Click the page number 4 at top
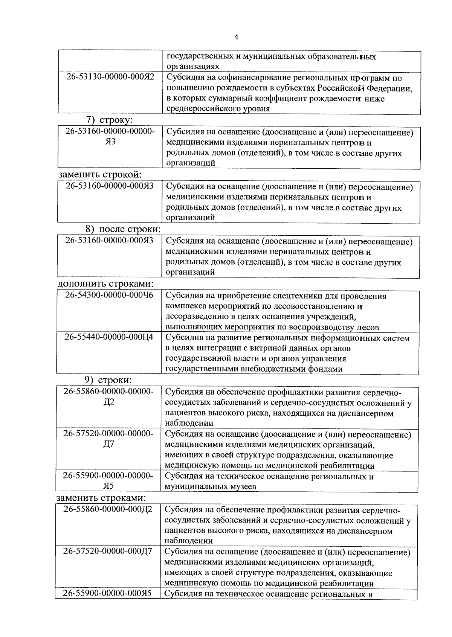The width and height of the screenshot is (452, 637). click(x=236, y=37)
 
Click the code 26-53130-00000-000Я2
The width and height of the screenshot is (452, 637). click(x=110, y=78)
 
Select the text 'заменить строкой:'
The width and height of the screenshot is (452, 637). click(x=100, y=175)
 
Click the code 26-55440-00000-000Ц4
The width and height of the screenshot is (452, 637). click(x=109, y=337)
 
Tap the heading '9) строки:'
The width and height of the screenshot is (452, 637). click(x=108, y=380)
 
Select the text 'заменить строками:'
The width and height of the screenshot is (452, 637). click(x=101, y=498)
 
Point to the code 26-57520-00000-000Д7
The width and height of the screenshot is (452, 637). click(x=108, y=552)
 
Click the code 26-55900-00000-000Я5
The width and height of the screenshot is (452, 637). click(x=107, y=594)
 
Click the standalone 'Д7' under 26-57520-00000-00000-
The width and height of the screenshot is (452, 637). click(x=108, y=444)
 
